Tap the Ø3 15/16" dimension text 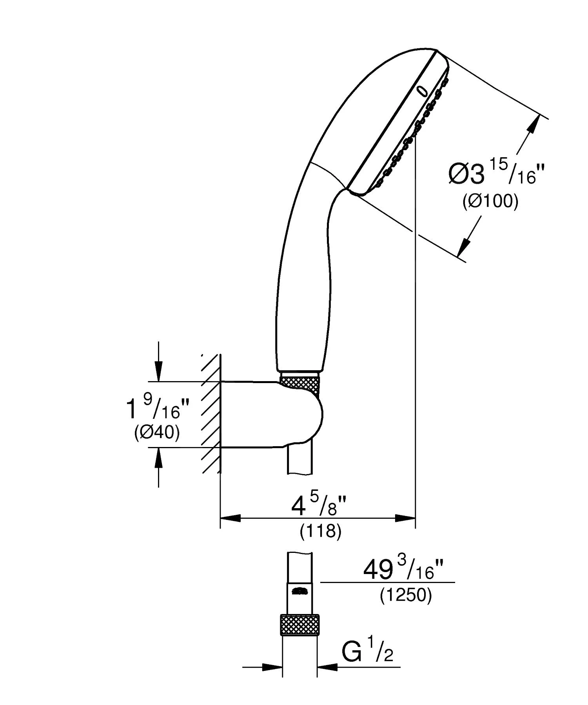(x=497, y=174)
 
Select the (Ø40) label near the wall (x=157, y=433)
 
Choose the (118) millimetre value (x=321, y=531)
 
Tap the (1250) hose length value (x=406, y=596)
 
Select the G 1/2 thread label (x=367, y=652)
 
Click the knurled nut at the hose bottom (x=299, y=625)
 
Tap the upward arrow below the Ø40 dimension (x=158, y=458)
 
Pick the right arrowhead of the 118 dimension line (x=405, y=518)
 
